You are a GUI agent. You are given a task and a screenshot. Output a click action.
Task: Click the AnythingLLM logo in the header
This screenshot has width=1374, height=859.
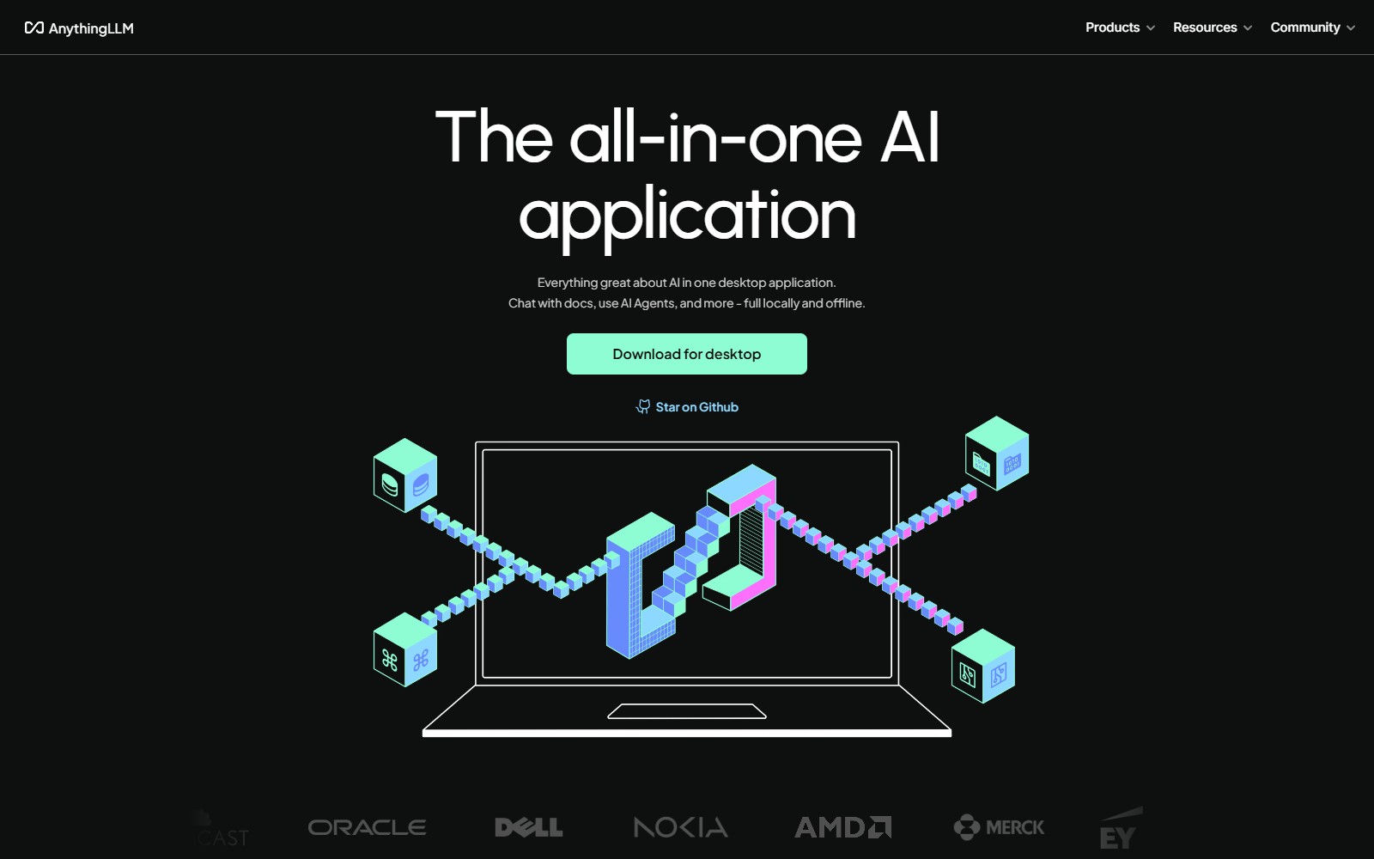pos(79,28)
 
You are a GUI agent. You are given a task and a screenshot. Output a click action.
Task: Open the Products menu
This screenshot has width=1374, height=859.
pos(1119,27)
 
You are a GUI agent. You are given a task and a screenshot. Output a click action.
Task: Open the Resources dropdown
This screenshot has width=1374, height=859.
pos(1212,27)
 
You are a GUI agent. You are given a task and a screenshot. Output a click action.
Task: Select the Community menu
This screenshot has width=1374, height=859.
pos(1311,27)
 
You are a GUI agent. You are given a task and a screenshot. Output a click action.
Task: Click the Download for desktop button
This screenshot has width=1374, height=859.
pos(687,354)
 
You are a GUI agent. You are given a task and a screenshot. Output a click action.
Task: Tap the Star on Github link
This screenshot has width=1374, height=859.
pos(687,407)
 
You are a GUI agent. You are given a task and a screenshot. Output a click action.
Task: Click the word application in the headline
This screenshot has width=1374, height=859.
pos(687,215)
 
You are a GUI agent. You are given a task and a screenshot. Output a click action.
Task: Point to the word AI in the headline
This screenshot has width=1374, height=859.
pos(910,137)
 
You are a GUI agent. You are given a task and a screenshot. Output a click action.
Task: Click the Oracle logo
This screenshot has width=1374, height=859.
pos(367,827)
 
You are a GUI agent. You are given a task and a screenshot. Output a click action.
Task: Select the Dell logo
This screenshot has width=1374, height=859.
pos(528,827)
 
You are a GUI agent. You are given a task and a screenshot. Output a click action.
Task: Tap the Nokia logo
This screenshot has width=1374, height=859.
pos(680,827)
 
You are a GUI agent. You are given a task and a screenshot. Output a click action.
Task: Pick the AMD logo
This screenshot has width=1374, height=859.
pos(842,827)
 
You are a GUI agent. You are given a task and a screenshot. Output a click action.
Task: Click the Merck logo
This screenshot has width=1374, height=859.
pos(999,827)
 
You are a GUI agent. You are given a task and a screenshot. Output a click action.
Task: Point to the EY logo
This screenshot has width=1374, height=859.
pos(1118,832)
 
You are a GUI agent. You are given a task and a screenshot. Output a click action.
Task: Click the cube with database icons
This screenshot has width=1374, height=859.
pos(405,476)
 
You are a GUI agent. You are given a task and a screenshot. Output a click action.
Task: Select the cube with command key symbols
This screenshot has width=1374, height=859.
pos(405,650)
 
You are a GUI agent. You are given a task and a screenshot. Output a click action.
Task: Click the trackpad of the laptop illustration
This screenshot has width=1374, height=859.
pos(687,711)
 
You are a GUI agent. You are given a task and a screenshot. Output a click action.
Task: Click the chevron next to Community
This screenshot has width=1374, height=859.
pos(1351,28)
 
